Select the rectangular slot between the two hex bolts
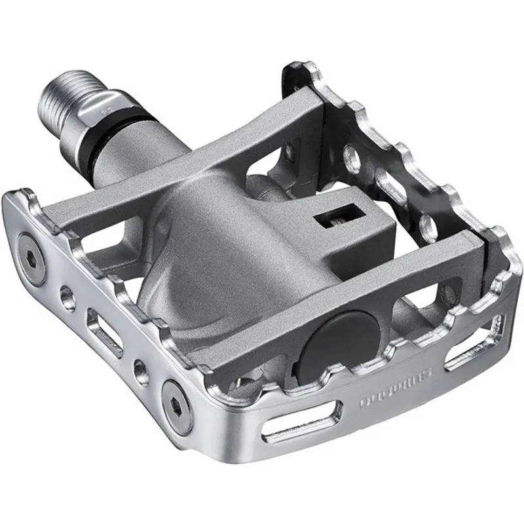tap(105, 333)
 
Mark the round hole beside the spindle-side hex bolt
tap(65, 296)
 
